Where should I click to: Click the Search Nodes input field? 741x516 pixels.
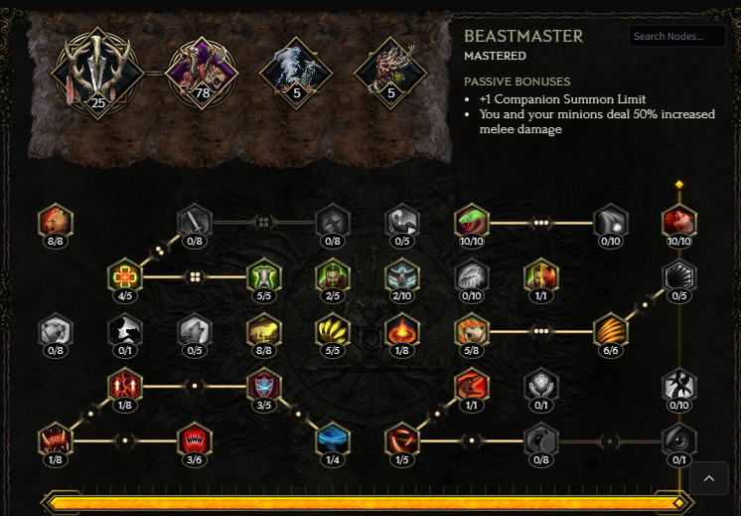(677, 37)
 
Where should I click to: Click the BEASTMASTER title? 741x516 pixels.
(523, 37)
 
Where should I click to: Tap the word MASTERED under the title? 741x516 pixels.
(495, 57)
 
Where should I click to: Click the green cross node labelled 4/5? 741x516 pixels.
(125, 275)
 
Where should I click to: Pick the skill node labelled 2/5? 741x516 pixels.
(333, 275)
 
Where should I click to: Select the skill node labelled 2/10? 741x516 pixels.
(402, 275)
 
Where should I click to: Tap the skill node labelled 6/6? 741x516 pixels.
(611, 330)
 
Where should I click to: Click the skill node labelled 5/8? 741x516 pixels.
(472, 330)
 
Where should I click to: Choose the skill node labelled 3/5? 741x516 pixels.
(264, 385)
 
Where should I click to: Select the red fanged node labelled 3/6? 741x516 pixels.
(195, 439)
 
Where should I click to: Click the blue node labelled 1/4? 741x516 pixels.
(333, 439)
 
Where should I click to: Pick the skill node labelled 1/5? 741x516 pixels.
(402, 439)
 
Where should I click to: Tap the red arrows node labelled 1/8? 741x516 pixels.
(125, 385)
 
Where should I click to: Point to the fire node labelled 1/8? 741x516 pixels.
(402, 330)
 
